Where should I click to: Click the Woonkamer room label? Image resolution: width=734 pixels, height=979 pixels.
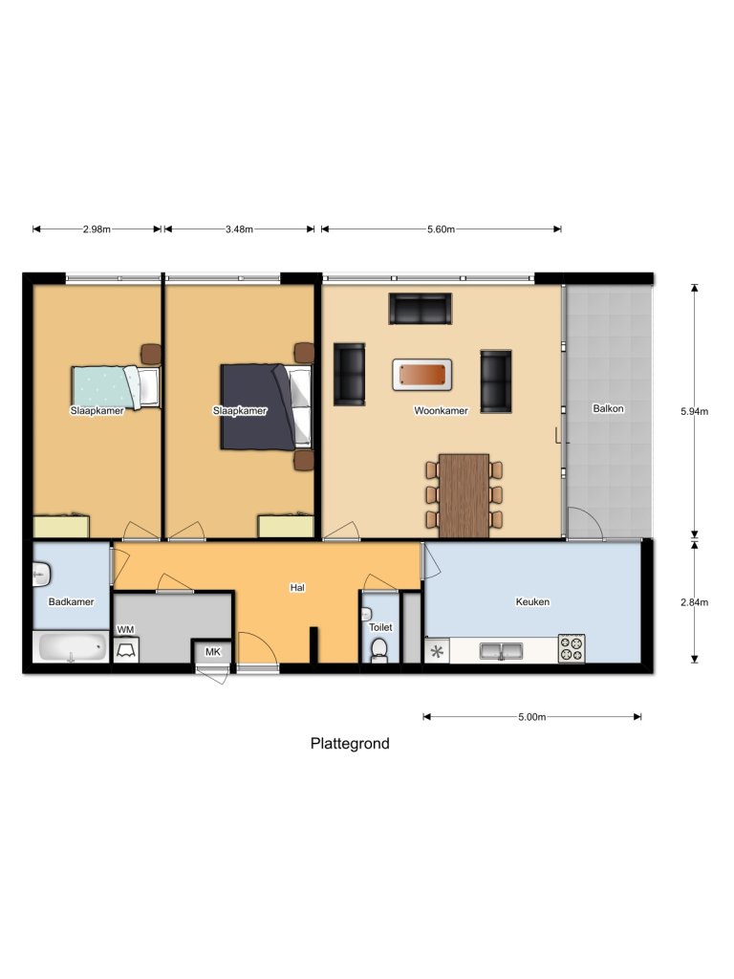[441, 410]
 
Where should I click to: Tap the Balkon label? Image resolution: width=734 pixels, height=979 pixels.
[608, 408]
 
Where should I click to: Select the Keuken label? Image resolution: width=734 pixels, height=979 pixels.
[532, 602]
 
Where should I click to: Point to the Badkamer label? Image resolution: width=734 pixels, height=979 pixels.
[71, 602]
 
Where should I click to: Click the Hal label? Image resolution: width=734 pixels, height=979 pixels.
[297, 588]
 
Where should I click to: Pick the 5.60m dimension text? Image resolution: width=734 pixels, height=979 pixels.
[441, 229]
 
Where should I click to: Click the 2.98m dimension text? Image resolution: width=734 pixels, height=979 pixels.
[97, 229]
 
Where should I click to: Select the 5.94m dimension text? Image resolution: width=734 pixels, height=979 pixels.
[694, 411]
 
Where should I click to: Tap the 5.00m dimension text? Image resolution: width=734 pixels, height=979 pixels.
[531, 717]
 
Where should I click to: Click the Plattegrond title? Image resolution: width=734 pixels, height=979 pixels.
[350, 743]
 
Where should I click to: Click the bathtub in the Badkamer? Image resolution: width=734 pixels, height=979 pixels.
[72, 648]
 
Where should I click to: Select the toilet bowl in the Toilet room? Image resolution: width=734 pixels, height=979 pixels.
[379, 650]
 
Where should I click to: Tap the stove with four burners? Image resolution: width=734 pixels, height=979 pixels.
[572, 649]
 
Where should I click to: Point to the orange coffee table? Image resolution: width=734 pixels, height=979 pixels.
[421, 375]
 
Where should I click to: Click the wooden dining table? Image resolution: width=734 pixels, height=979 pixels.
[464, 495]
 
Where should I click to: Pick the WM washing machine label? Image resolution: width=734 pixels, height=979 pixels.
[125, 629]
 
